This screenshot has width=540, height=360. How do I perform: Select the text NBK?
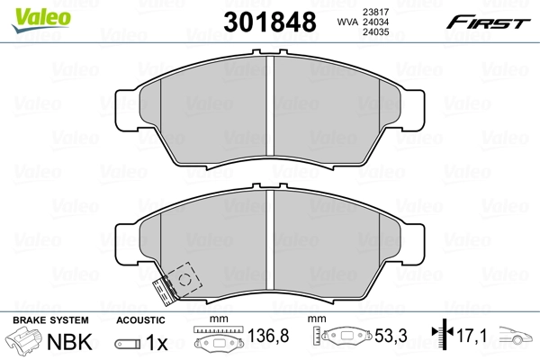coord(72,343)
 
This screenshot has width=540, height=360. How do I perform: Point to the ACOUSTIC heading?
coord(140,320)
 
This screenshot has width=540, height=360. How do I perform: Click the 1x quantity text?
coord(157,343)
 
